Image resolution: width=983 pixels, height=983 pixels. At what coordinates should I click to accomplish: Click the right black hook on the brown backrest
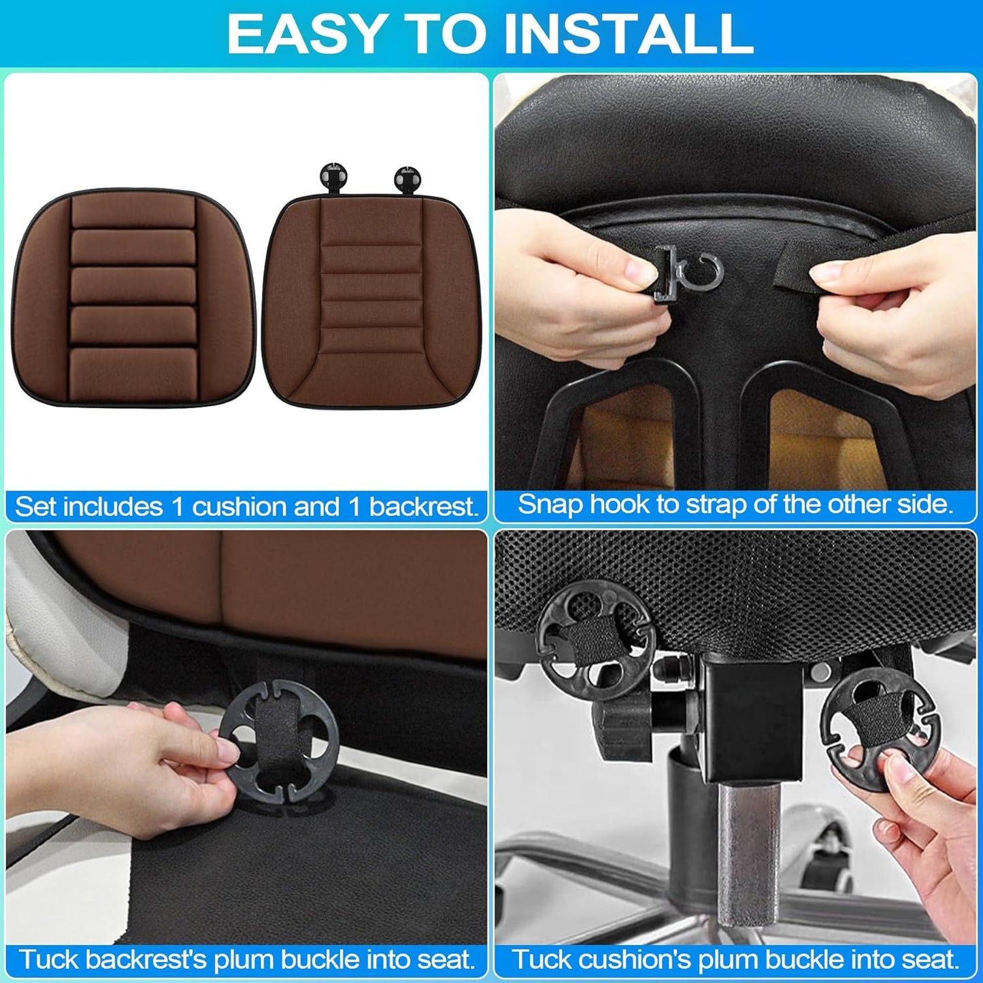click(x=407, y=178)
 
